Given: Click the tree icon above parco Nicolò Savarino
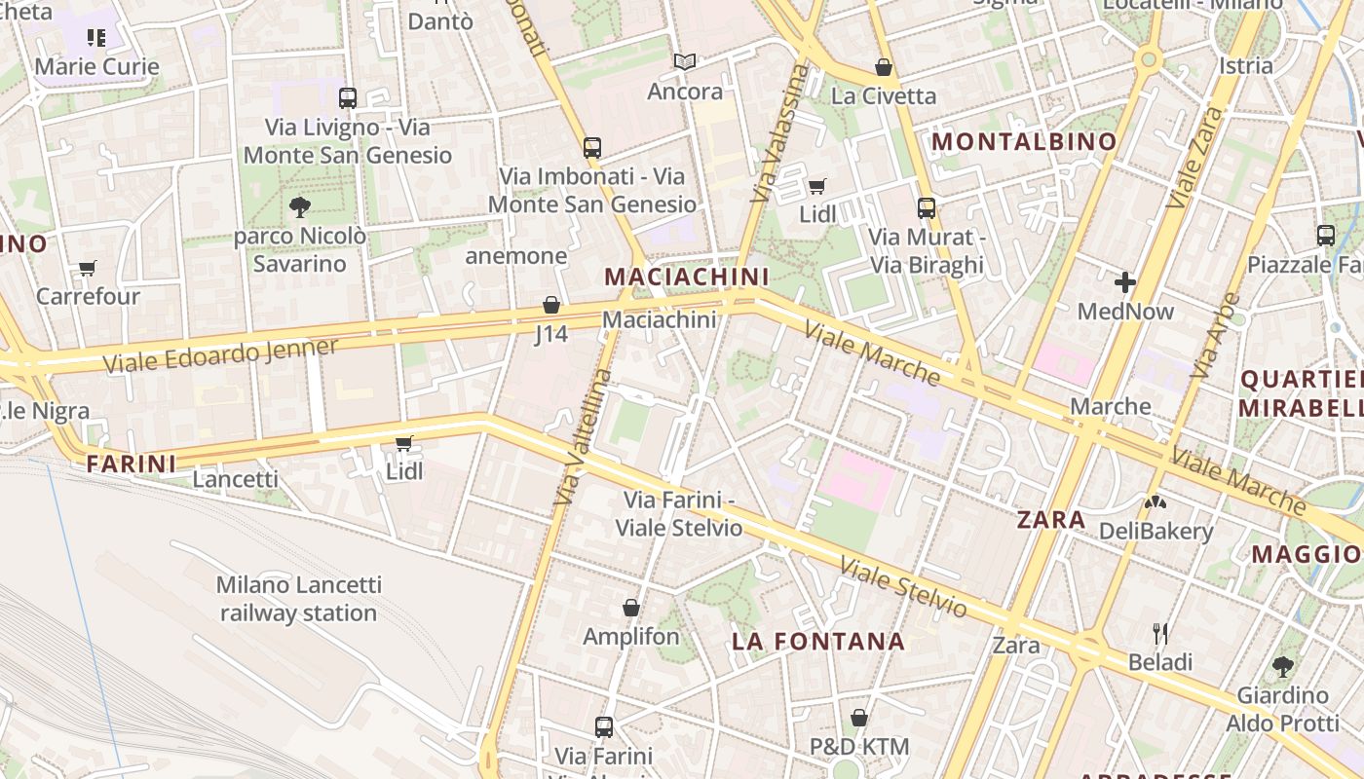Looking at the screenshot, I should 299,205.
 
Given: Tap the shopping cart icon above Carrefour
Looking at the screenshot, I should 88,268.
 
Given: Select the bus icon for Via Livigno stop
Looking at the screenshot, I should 348,97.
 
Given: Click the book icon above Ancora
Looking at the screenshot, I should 685,62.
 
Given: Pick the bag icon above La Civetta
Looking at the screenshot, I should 884,67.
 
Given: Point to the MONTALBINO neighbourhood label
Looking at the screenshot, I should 1024,141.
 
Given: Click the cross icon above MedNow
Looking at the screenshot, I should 1125,282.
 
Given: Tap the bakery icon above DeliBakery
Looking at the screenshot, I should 1156,503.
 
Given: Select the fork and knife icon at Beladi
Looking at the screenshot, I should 1160,634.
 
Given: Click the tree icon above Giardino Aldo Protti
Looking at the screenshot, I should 1283,667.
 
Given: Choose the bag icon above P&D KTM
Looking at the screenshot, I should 859,719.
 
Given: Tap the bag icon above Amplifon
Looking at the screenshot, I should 631,608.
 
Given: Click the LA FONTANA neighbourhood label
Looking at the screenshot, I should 818,642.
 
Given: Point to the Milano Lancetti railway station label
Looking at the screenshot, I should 298,599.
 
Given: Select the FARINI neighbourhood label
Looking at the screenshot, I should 132,464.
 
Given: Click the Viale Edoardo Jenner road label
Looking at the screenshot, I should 221,354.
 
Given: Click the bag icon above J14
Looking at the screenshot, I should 551,305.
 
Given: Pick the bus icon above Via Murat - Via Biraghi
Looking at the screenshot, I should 927,208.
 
